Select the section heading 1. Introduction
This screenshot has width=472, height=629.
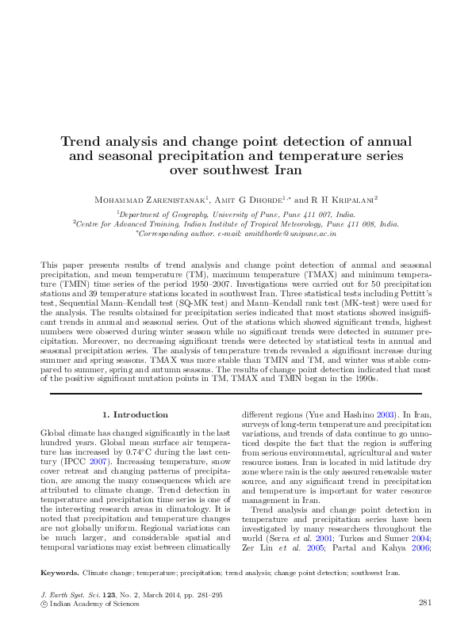tap(136, 414)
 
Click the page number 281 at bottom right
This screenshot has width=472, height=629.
tap(424, 603)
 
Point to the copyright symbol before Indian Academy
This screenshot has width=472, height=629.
tap(44, 604)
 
